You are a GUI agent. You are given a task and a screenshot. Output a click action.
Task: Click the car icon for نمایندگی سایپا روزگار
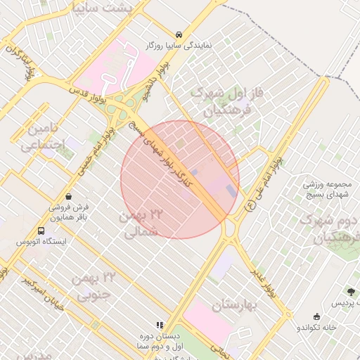coord(179,34)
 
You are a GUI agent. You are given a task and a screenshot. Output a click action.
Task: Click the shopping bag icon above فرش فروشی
coord(68,196)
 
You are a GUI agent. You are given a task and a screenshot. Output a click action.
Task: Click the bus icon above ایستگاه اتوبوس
coord(41,231)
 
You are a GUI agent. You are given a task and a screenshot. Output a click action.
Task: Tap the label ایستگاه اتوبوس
coord(41,242)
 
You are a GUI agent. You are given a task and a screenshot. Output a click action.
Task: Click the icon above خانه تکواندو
coord(316,316)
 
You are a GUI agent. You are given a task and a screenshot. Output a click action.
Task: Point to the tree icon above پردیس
coord(351,292)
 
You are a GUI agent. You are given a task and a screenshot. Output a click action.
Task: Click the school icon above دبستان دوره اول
coord(160,325)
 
